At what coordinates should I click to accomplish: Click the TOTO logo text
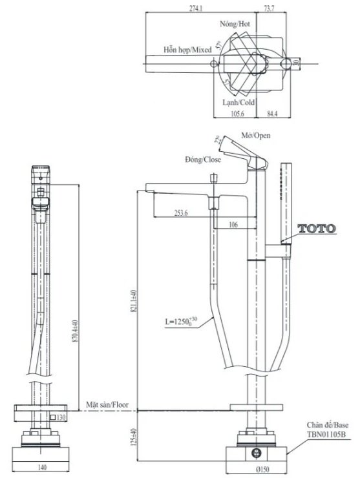pyautogui.click(x=316, y=229)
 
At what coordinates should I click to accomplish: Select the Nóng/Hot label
pyautogui.click(x=235, y=23)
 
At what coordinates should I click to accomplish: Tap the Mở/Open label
pyautogui.click(x=256, y=136)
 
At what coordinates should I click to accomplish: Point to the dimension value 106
pyautogui.click(x=233, y=225)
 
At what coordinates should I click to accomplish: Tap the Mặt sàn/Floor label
pyautogui.click(x=108, y=405)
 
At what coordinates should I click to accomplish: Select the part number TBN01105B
pyautogui.click(x=326, y=435)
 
